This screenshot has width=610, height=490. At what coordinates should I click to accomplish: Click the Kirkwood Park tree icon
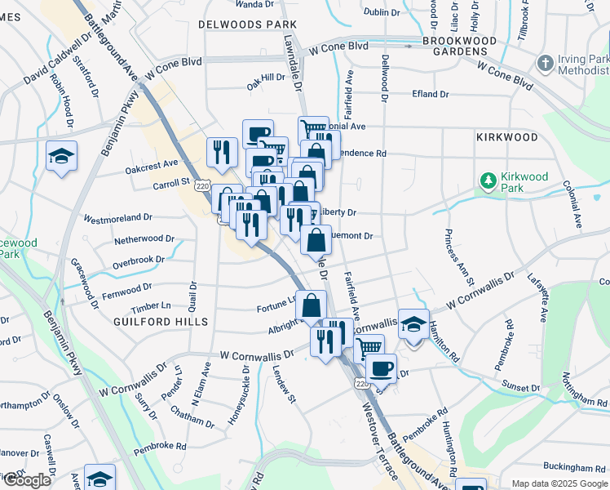(x=488, y=180)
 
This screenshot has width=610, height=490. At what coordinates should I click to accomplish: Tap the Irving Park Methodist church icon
(x=546, y=63)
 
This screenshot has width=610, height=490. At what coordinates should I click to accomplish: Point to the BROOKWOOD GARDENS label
(x=459, y=46)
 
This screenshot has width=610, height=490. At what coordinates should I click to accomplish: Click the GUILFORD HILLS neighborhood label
(x=155, y=321)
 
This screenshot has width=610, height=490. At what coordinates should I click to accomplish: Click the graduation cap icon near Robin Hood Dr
(x=61, y=155)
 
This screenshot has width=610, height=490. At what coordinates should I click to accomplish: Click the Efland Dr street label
(x=431, y=95)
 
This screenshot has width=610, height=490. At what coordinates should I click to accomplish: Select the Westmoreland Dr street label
(x=118, y=218)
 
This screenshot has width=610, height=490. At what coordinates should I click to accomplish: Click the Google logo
(x=27, y=480)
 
